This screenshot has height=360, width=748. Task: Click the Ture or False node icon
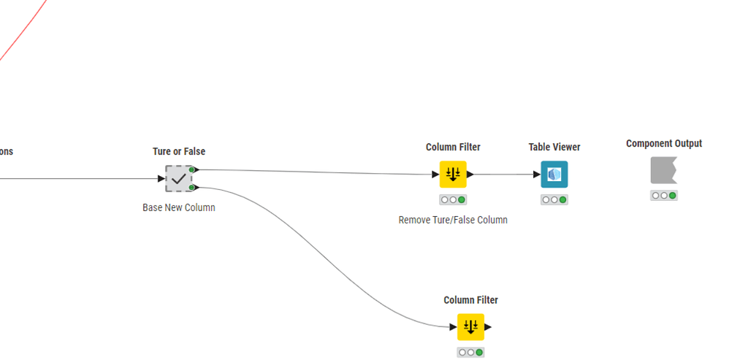click(178, 179)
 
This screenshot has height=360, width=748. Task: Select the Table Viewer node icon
click(554, 175)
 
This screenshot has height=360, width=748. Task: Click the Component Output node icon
click(663, 171)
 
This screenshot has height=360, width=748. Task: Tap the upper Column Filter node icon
click(452, 175)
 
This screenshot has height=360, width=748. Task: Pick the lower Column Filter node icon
click(470, 327)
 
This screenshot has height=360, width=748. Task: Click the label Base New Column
click(179, 207)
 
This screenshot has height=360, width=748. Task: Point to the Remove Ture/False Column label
click(453, 220)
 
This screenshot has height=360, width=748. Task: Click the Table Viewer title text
click(554, 148)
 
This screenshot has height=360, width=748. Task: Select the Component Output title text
click(664, 144)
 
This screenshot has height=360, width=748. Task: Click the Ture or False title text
click(179, 152)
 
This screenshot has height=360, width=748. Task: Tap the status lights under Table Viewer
click(554, 199)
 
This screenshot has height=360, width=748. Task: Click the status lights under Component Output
click(663, 195)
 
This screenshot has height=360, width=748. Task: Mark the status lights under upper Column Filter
click(452, 199)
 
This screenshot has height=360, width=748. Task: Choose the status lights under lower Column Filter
click(470, 352)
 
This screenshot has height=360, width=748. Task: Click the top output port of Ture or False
click(193, 169)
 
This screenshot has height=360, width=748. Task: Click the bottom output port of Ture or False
click(193, 188)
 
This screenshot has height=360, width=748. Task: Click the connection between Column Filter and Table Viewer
click(504, 175)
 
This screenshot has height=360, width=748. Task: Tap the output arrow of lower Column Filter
click(489, 327)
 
